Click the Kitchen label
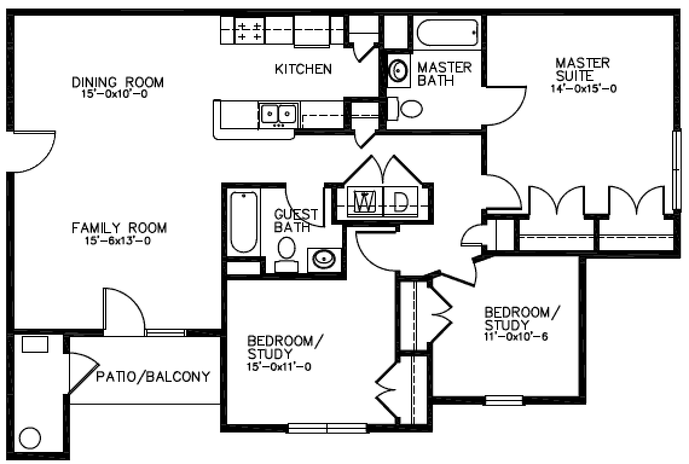coord(303,69)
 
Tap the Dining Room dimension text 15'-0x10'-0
coord(114,94)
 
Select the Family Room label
coord(119,228)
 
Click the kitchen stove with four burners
coord(249,31)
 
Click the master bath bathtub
coord(447,33)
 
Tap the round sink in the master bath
coord(398,69)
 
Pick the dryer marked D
coord(400,202)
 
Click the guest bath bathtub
coord(244,222)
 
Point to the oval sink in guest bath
coord(325,259)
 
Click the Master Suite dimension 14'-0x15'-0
coord(584,89)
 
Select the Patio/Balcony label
coord(153,376)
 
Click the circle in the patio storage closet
coord(30,437)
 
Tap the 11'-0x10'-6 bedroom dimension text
coord(516,338)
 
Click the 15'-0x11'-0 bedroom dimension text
coord(279,367)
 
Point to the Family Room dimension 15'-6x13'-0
coord(118,241)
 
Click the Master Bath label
coord(444,74)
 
